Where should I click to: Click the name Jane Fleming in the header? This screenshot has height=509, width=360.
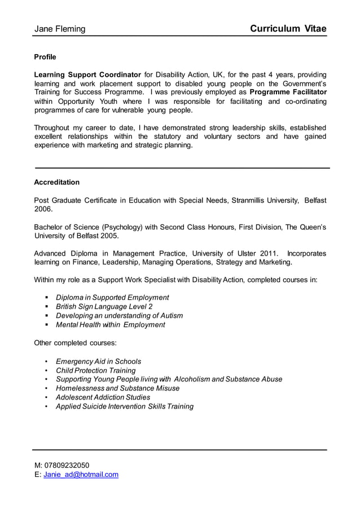[x=60, y=29]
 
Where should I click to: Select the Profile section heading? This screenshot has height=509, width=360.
[x=45, y=57]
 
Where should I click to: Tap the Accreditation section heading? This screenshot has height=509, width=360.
[x=56, y=182]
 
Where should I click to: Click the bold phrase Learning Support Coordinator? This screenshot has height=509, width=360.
[x=87, y=74]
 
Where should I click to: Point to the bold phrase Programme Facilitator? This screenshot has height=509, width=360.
[x=288, y=92]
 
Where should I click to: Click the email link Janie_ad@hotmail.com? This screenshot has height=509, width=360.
[x=81, y=475]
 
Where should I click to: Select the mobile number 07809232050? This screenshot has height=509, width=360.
[x=67, y=465]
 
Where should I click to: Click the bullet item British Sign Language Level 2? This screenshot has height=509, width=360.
[x=104, y=306]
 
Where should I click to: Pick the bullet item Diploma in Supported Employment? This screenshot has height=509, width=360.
[x=112, y=297]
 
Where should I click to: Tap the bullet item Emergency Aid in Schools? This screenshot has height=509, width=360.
[x=98, y=361]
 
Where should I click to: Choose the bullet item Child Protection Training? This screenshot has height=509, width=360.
[x=95, y=370]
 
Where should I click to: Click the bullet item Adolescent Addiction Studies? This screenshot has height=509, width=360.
[x=103, y=397]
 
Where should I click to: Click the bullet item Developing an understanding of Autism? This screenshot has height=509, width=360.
[x=119, y=315]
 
